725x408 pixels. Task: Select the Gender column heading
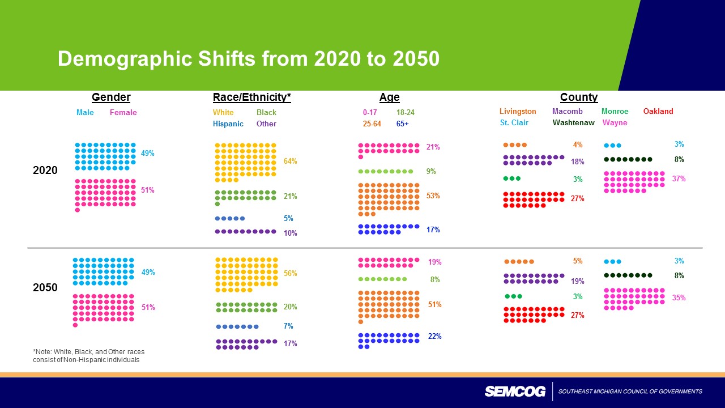111,97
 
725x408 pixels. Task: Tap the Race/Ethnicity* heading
251,97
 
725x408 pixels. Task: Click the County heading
578,97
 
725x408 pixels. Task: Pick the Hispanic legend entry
228,124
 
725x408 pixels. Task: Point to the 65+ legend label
403,124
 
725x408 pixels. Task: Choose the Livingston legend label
518,112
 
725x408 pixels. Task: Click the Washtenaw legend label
573,122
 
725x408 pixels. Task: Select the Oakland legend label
658,112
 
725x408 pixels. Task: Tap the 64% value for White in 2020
290,161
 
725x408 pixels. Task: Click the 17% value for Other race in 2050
290,343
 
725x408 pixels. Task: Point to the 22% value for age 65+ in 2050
434,337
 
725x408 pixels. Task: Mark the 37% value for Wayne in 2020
679,179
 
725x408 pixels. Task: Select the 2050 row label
45,287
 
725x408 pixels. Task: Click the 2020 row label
45,170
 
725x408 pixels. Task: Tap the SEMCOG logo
515,392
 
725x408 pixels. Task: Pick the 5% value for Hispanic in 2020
288,218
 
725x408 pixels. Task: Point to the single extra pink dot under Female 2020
78,210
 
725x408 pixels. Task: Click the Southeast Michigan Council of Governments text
630,392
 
